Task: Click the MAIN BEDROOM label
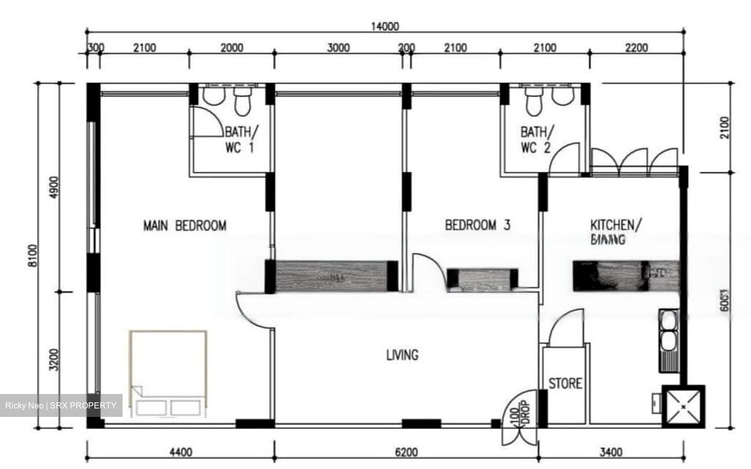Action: [185, 226]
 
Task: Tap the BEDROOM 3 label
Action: [477, 225]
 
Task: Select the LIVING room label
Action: [402, 355]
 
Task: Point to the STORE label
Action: [565, 384]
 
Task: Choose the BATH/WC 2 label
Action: [536, 140]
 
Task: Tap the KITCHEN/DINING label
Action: [612, 232]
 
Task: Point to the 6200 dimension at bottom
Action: [405, 452]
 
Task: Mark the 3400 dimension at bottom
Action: [610, 452]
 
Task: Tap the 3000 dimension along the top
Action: [338, 48]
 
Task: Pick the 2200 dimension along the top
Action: [636, 48]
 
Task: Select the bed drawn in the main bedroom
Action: [168, 373]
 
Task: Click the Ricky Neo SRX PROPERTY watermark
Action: [61, 405]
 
